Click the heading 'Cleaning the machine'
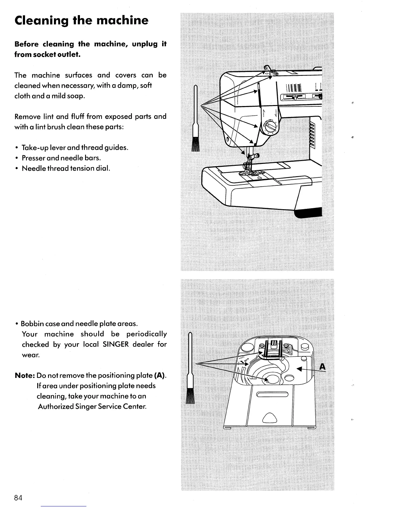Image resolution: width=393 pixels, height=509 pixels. [82, 21]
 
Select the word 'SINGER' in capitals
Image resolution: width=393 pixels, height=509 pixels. [116, 344]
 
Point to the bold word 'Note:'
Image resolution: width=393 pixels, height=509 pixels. [25, 375]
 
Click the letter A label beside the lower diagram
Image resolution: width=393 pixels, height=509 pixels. [322, 367]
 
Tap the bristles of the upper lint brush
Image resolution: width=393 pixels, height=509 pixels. [195, 144]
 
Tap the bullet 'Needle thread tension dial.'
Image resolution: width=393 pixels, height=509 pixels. [66, 168]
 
